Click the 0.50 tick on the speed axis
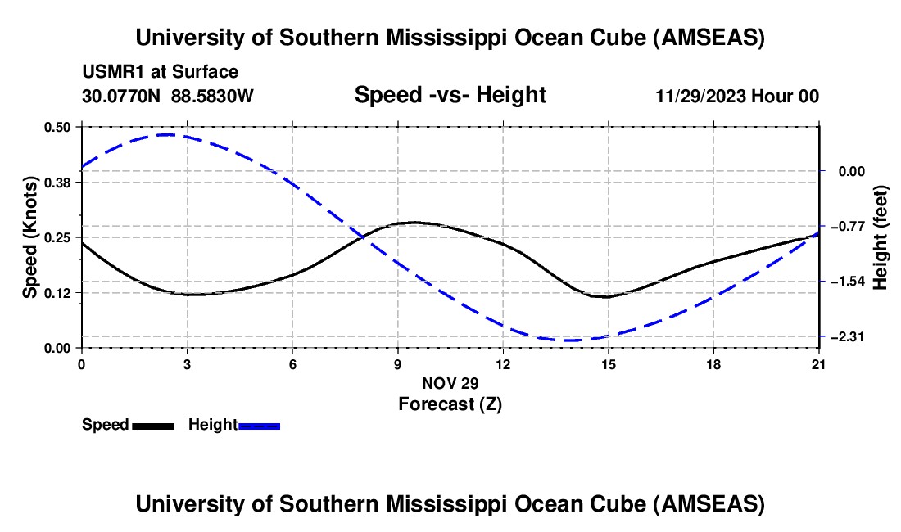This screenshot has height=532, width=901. [x=62, y=127]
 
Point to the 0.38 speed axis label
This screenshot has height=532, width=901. [x=62, y=183]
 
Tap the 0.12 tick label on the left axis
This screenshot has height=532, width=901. [x=62, y=293]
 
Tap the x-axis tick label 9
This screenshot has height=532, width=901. [x=398, y=363]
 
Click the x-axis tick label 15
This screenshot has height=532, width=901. [x=609, y=363]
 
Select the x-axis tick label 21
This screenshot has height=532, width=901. [x=819, y=363]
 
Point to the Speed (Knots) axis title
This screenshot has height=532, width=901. [x=30, y=237]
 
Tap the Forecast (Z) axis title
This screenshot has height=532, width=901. [x=450, y=404]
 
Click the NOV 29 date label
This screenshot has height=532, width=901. [x=450, y=383]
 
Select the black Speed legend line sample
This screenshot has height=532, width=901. [x=152, y=426]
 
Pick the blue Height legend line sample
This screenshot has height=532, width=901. [x=259, y=426]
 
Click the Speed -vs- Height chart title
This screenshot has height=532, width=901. [x=450, y=95]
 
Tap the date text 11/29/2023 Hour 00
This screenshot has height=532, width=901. [x=737, y=96]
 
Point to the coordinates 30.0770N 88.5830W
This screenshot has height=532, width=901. [x=168, y=96]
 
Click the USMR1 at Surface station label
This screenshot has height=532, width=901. [x=160, y=72]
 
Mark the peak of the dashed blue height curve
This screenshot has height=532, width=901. [x=167, y=134]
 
